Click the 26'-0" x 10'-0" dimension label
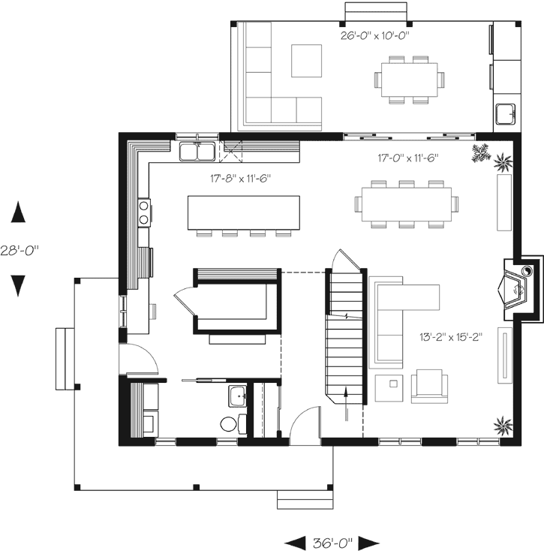374,35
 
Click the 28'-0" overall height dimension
20,250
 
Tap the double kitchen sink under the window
197,152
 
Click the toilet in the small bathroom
230,424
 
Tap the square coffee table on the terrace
306,61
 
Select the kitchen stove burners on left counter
142,212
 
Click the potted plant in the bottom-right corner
500,426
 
